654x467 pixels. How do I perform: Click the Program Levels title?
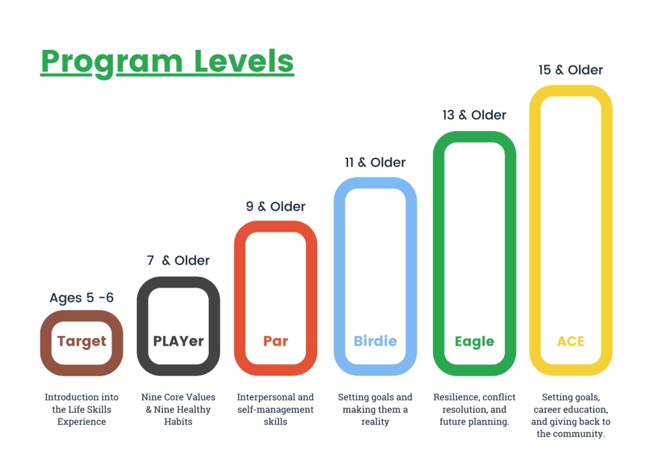[167, 62]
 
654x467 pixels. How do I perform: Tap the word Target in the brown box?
[82, 341]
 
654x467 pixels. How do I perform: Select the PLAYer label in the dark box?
[179, 341]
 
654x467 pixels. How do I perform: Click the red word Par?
[276, 341]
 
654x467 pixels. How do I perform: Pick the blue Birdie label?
[376, 341]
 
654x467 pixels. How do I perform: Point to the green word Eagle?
[475, 341]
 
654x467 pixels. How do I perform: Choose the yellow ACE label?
[570, 341]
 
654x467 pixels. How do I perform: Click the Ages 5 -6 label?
[81, 298]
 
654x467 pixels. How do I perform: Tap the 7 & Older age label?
[178, 261]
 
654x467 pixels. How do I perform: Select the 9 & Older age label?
[276, 206]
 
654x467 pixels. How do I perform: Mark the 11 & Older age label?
[375, 162]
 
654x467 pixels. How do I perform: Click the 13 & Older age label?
[475, 115]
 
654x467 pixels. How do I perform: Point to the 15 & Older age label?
[570, 70]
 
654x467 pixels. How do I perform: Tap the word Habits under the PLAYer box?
[178, 422]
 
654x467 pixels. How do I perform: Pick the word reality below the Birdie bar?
[375, 422]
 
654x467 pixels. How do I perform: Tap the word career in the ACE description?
[547, 410]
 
